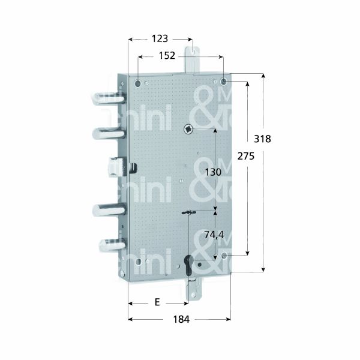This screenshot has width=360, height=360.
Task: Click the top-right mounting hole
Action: point(224,81)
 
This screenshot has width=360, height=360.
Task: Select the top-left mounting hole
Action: point(139,82)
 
